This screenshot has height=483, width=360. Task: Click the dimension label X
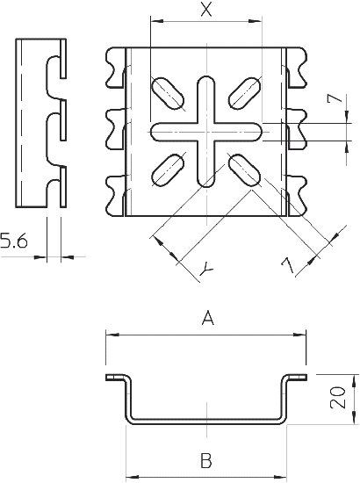coord(205,11)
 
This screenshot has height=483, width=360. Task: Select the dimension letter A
coord(207,319)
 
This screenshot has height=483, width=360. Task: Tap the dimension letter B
coord(205,458)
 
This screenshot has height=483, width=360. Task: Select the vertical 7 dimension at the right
coord(331,100)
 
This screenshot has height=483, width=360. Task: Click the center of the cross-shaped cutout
coord(205,132)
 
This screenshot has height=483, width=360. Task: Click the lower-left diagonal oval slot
coord(167,169)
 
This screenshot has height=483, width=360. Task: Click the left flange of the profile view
coord(116,378)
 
